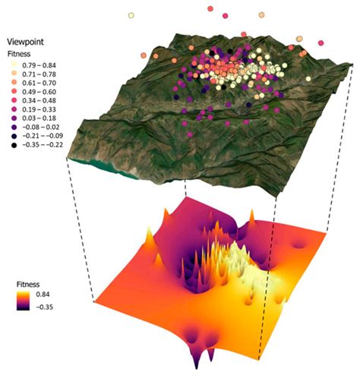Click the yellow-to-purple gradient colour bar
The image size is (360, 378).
(29, 300)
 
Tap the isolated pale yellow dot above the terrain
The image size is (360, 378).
(131, 15)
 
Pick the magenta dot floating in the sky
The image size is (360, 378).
(209, 8)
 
